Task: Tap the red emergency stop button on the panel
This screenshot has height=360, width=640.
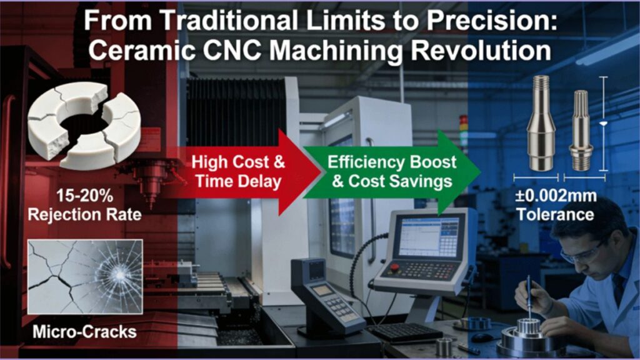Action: click(394, 267)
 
